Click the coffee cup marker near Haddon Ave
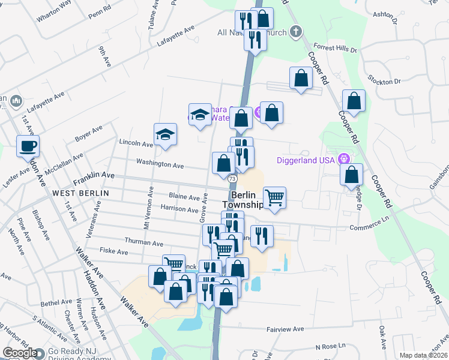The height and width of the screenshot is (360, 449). point(28,145)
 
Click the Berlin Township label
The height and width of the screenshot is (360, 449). point(247,200)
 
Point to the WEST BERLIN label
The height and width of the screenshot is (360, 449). point(80,193)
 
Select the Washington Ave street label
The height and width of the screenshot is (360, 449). point(160,163)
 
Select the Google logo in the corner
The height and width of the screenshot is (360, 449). point(19,353)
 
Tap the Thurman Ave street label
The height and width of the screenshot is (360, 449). point(144,243)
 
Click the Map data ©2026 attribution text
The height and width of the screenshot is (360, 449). point(423,355)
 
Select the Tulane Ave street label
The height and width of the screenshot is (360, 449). point(151,14)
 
